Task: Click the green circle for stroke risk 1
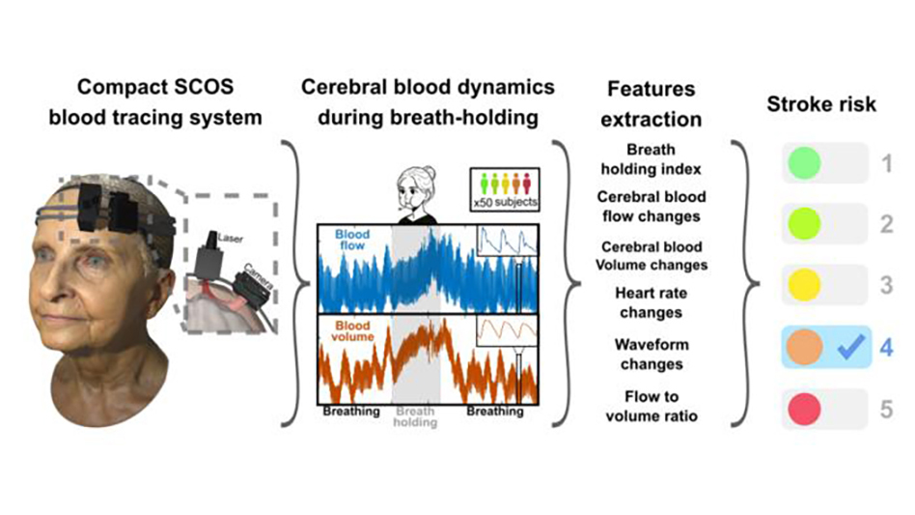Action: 804,163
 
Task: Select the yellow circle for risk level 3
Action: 804,285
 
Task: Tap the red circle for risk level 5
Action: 804,409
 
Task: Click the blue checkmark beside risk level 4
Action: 850,347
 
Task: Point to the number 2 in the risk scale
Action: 886,224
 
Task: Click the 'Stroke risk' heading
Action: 821,104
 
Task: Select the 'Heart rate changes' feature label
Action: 652,302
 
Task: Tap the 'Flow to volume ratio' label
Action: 652,407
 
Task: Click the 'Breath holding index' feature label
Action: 652,159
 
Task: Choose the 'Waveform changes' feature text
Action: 652,355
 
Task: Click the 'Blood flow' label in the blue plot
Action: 352,240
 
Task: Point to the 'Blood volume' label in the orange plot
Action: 352,331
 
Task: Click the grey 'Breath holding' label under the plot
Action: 415,416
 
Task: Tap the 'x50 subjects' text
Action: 506,203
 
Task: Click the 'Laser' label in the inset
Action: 230,239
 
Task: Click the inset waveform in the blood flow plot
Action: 507,241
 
